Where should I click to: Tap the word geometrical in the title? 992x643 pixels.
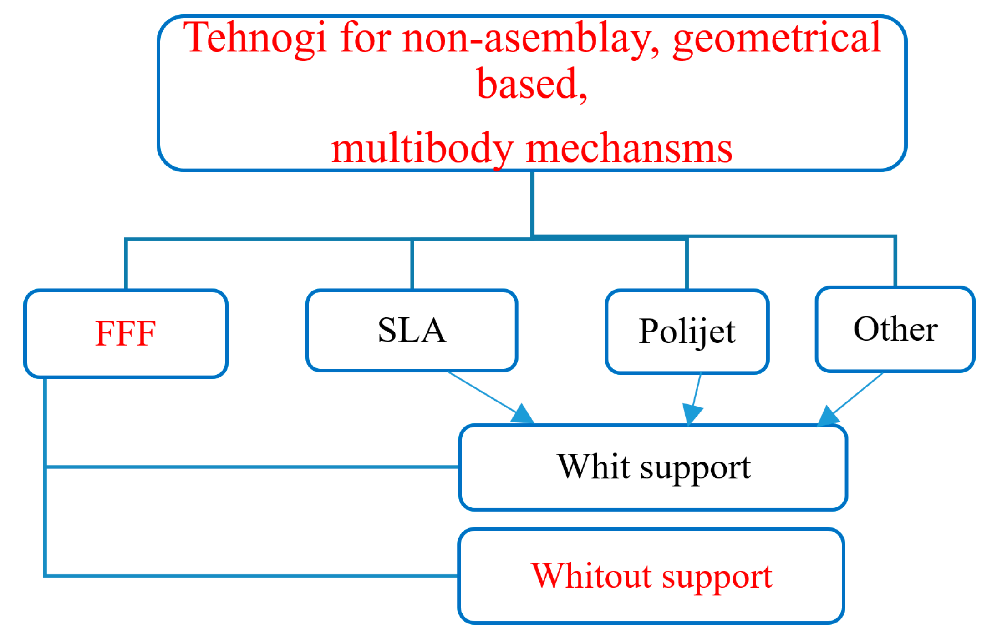pyautogui.click(x=777, y=39)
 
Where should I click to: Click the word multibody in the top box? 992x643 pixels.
pyautogui.click(x=422, y=149)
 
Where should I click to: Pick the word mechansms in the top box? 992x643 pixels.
pyautogui.click(x=629, y=149)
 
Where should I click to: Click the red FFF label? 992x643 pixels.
pyautogui.click(x=126, y=333)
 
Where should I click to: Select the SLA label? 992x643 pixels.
pyautogui.click(x=412, y=330)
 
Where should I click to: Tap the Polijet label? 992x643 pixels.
pyautogui.click(x=687, y=332)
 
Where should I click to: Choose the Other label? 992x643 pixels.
pyautogui.click(x=895, y=329)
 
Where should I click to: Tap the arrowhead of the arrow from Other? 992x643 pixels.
pyautogui.click(x=827, y=416)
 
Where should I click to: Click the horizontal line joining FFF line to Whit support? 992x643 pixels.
pyautogui.click(x=250, y=467)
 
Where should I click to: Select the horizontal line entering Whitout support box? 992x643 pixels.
pyautogui.click(x=250, y=576)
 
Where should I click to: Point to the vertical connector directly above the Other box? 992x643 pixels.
pyautogui.click(x=895, y=261)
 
